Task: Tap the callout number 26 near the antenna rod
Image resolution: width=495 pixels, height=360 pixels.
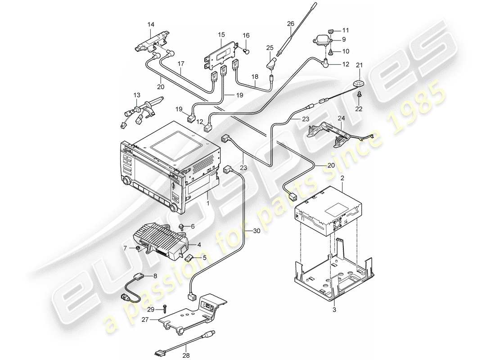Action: tap(290, 24)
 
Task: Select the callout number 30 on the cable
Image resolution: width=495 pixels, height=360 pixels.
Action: tap(256, 231)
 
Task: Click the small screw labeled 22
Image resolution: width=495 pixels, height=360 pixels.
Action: tap(360, 95)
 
